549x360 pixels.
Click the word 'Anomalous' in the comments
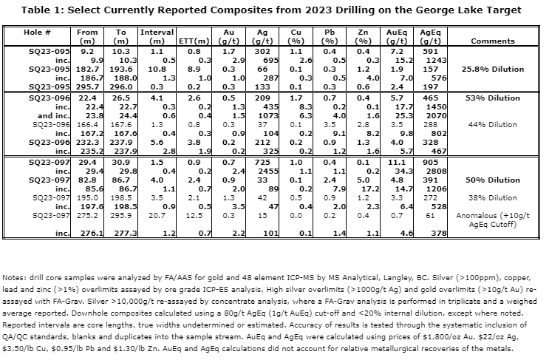[488, 214]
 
